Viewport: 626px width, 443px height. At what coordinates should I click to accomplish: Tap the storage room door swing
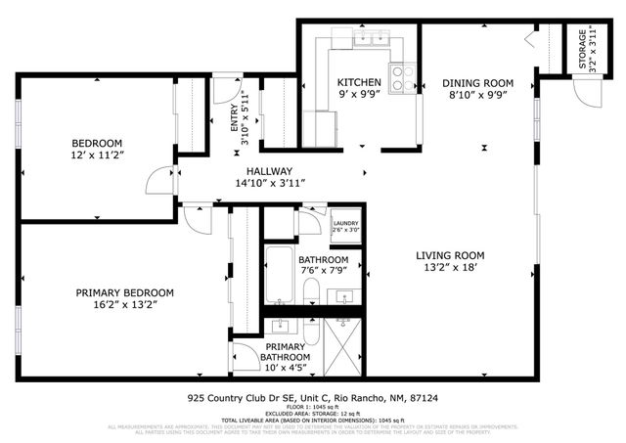(586, 94)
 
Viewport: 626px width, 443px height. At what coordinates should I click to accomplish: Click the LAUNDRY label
(344, 223)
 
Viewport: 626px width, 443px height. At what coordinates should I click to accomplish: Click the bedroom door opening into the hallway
(156, 180)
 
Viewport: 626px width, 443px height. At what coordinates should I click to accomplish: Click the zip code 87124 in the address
(424, 398)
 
